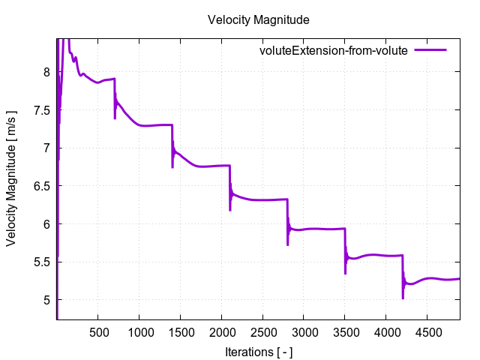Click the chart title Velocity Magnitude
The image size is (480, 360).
click(x=258, y=19)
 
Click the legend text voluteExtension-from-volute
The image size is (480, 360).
click(x=333, y=51)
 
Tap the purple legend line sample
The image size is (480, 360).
click(x=430, y=51)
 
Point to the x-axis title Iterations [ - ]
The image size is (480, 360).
click(x=258, y=351)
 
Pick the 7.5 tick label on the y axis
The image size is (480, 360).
click(x=41, y=110)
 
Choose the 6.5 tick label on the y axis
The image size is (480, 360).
click(x=41, y=186)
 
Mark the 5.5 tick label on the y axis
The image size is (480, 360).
click(x=41, y=262)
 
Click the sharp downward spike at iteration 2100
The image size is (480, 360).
click(x=229, y=209)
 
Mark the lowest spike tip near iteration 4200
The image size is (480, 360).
click(x=403, y=298)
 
